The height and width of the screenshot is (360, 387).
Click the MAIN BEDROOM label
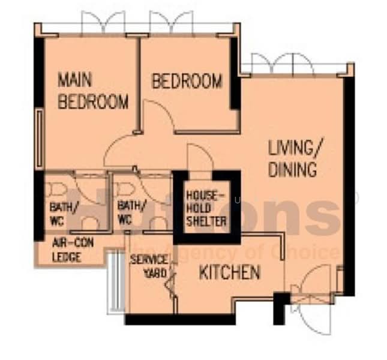[x=92, y=91]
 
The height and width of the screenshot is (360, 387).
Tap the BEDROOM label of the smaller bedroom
[x=187, y=81]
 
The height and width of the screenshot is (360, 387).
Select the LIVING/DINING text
[x=292, y=158]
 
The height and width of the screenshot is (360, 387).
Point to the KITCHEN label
[x=229, y=273]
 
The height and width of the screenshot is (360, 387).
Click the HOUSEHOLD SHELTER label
[x=206, y=208]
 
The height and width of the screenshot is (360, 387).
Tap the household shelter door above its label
[x=199, y=158]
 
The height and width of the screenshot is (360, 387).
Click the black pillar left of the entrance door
[x=279, y=308]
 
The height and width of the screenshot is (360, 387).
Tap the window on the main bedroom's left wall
[x=40, y=138]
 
